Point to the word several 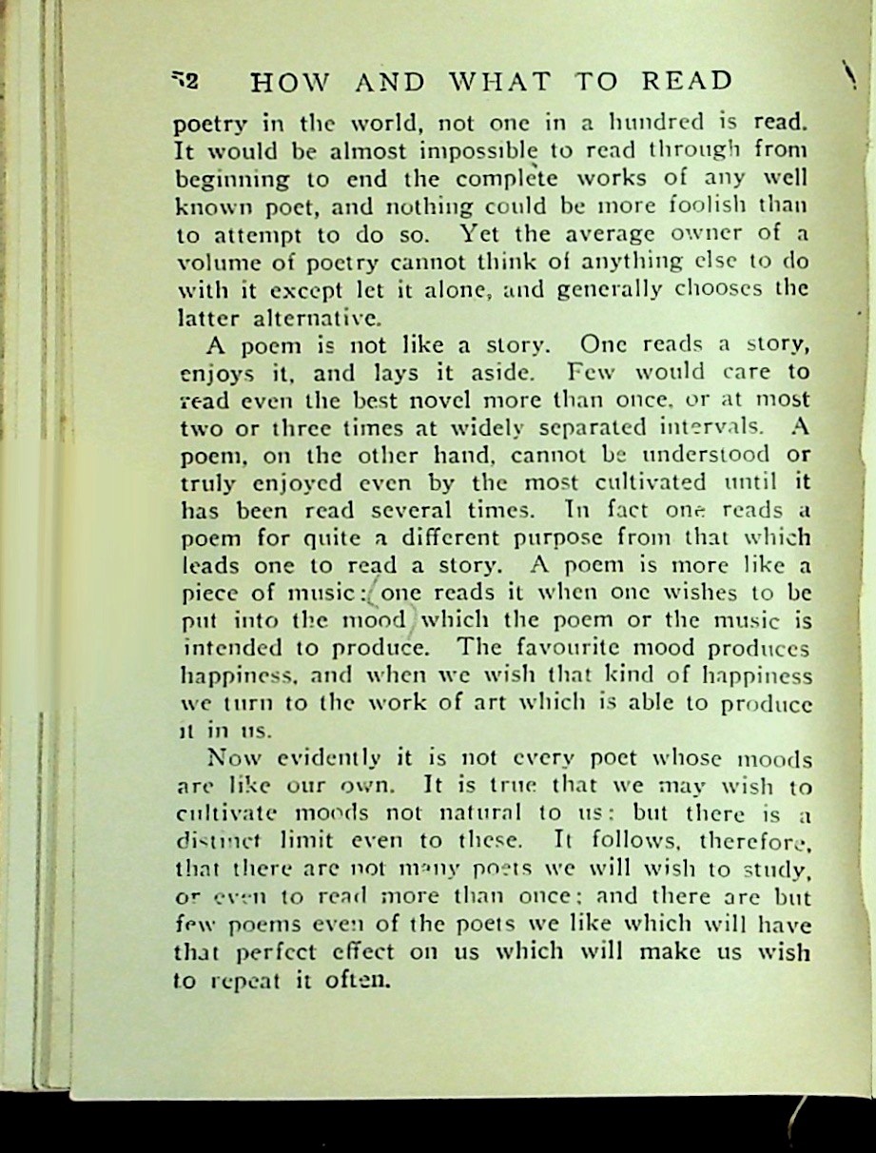374,509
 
